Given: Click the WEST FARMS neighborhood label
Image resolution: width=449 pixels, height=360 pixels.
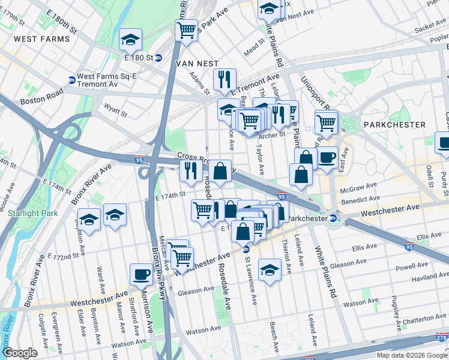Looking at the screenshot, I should pos(41,39).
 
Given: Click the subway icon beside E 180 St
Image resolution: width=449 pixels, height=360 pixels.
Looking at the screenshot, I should pos(158,58).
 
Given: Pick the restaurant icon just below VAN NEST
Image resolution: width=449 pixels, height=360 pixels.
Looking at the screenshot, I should pos(224,79).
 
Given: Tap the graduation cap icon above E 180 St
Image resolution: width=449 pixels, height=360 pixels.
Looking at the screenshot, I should pos(130,39).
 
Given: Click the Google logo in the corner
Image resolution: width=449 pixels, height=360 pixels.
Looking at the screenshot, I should pos(20,353).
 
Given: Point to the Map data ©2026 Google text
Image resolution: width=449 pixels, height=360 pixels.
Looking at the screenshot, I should pos(411,355).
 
